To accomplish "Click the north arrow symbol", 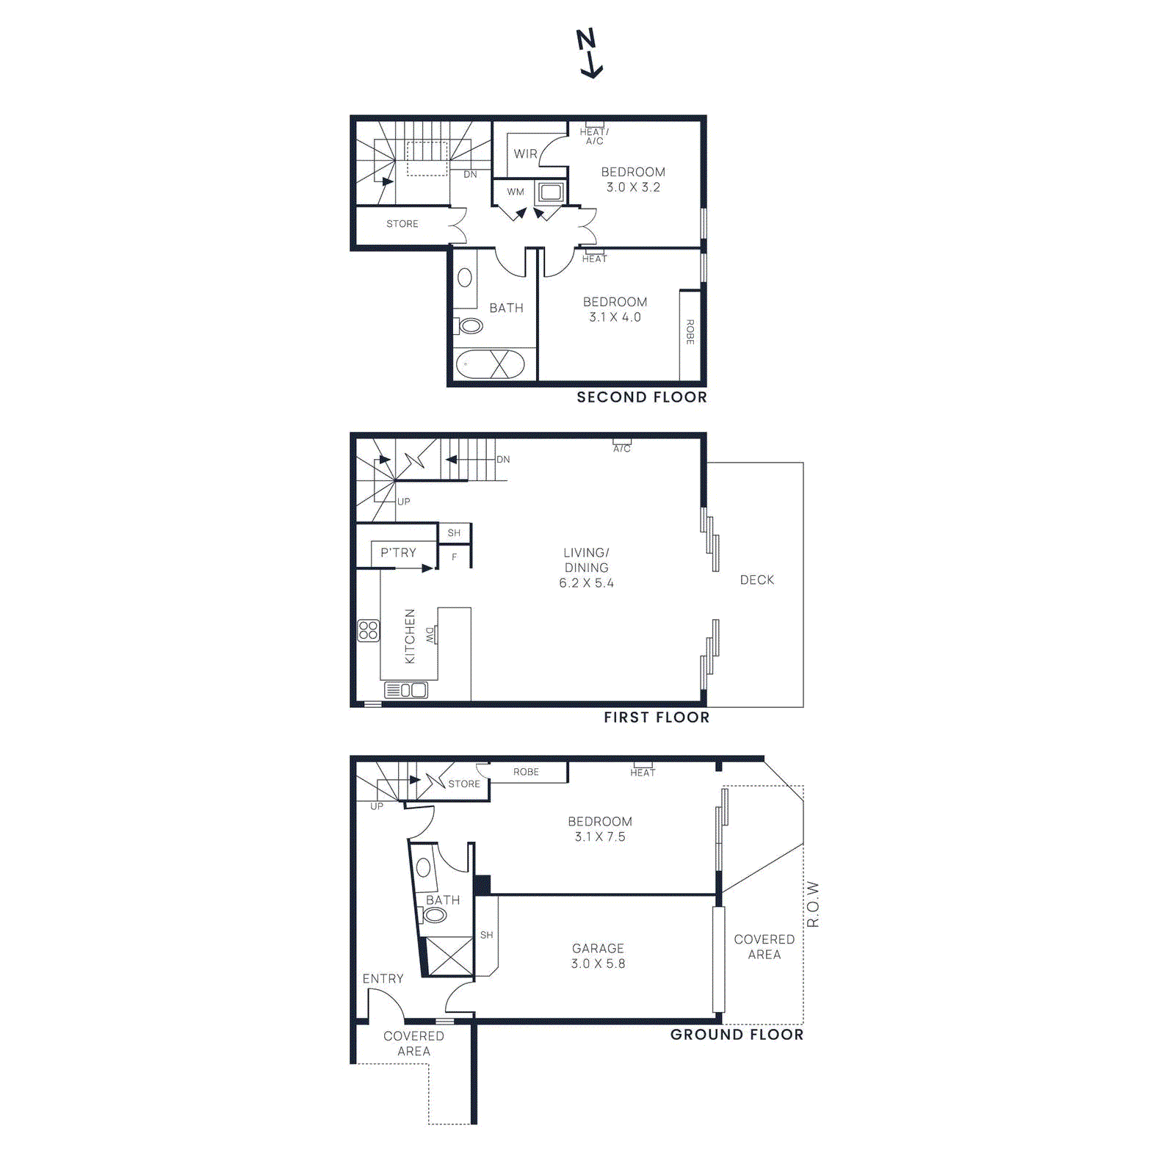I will click(589, 53).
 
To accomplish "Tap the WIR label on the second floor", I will click(525, 154).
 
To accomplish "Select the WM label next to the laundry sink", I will click(516, 192).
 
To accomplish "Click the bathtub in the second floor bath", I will click(490, 364).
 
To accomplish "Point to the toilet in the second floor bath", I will click(469, 325).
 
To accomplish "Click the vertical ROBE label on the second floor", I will click(690, 332).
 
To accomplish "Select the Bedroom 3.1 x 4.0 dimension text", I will click(615, 317).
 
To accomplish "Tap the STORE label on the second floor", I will click(402, 224).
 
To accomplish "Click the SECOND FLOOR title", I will click(641, 397).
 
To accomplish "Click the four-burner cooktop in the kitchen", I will click(369, 630).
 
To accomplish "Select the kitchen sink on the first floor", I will click(406, 690).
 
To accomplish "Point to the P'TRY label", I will click(398, 553).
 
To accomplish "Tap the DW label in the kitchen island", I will click(430, 635).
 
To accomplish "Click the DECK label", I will click(756, 580).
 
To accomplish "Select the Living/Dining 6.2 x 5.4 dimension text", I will click(586, 583).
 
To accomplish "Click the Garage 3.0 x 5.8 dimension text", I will click(598, 963).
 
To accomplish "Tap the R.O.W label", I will click(813, 904).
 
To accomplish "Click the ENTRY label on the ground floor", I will click(383, 979).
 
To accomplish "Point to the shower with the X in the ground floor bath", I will click(449, 956).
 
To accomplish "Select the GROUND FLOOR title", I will click(737, 1035).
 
